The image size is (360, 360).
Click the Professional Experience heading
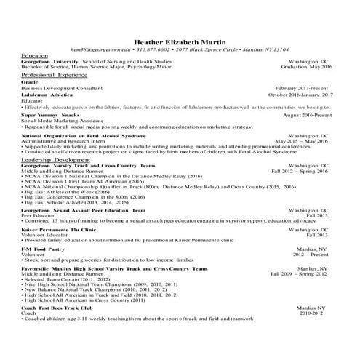click(55, 75)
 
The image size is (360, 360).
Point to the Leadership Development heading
click(52, 159)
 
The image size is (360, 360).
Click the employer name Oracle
click(30, 82)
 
